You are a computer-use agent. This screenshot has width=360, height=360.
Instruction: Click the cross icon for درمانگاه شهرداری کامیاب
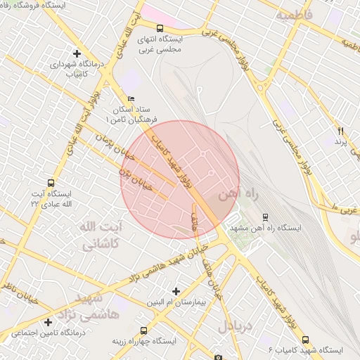pyautogui.click(x=77, y=53)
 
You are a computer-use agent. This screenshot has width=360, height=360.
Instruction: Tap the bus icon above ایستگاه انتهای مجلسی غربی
pyautogui.click(x=160, y=28)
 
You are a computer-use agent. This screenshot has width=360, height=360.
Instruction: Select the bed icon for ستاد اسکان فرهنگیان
pyautogui.click(x=129, y=99)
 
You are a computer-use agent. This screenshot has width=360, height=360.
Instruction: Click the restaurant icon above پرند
pyautogui.click(x=341, y=131)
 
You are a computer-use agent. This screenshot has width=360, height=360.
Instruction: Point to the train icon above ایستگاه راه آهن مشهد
pyautogui.click(x=265, y=217)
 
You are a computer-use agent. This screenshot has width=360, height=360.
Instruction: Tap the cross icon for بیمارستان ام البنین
pyautogui.click(x=176, y=291)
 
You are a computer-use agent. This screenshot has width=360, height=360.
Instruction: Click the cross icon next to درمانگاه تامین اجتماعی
pyautogui.click(x=48, y=322)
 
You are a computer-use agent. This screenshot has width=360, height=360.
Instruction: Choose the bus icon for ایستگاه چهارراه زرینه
pyautogui.click(x=143, y=330)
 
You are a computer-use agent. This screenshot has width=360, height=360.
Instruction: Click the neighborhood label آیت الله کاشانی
pyautogui.click(x=98, y=236)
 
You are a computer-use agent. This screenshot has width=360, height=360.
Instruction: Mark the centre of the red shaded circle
pyautogui.click(x=180, y=179)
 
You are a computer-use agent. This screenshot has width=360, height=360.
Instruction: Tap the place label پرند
pyautogui.click(x=341, y=143)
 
